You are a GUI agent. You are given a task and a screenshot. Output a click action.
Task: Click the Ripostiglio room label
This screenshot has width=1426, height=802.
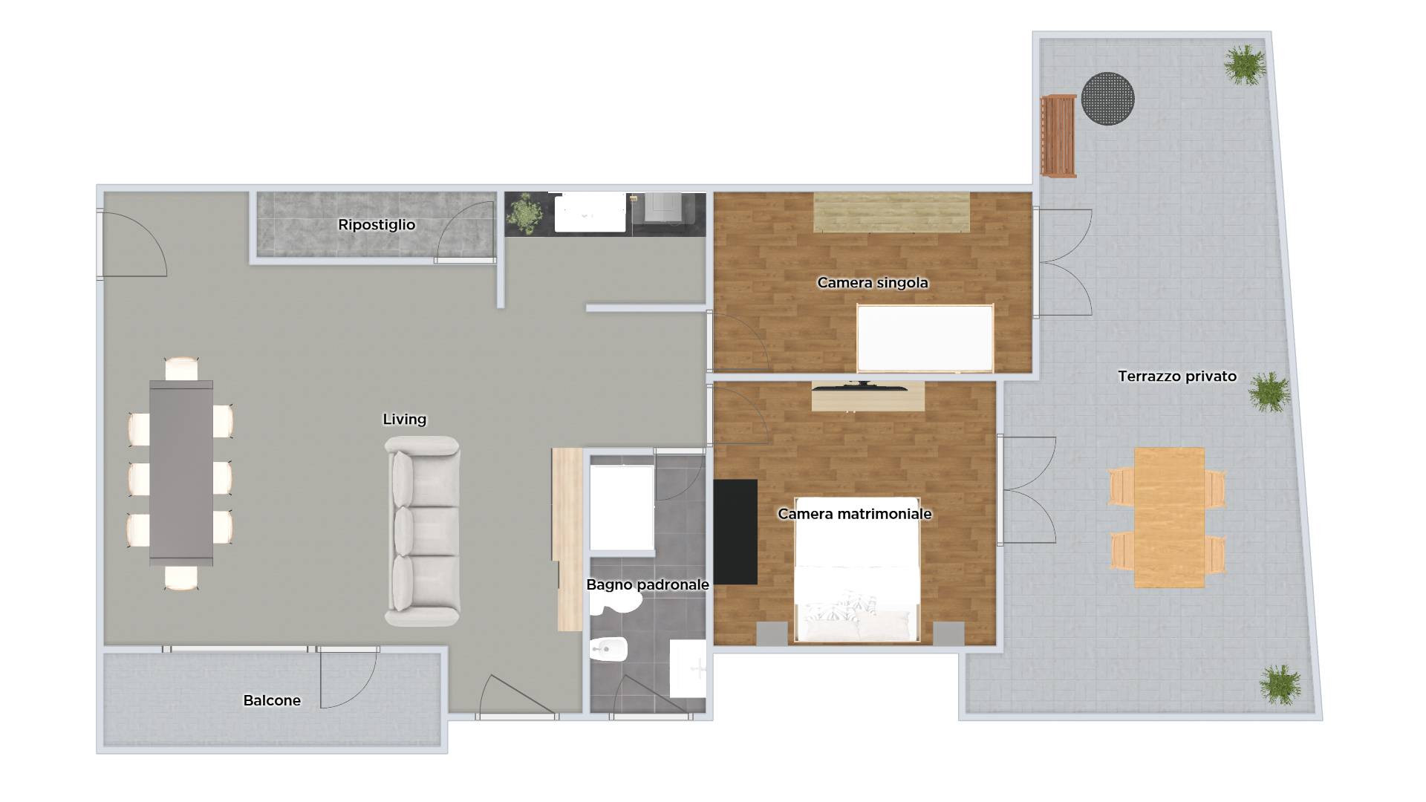tap(377, 224)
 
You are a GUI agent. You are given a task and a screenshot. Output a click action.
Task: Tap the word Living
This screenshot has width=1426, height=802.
tap(404, 420)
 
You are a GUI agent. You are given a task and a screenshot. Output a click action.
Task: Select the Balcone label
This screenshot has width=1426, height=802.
tap(272, 700)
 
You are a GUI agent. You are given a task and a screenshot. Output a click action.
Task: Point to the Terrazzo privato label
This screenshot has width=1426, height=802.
tap(1177, 376)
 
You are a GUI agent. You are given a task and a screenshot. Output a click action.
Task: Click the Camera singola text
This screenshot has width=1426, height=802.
tap(872, 283)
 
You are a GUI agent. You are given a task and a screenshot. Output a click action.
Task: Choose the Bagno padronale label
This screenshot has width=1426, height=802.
tap(647, 584)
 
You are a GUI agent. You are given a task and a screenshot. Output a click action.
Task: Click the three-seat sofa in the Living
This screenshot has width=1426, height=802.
tap(422, 530)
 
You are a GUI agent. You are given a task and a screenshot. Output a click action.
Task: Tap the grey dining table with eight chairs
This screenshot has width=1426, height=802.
tap(181, 473)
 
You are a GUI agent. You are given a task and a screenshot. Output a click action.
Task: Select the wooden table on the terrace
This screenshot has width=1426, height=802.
tap(1169, 517)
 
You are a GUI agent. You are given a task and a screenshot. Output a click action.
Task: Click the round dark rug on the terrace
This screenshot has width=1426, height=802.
tap(1107, 99)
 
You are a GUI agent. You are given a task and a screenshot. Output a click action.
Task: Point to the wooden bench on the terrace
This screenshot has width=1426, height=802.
tap(1058, 136)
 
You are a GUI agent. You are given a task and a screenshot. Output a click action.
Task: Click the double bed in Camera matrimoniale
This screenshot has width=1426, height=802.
tap(856, 569)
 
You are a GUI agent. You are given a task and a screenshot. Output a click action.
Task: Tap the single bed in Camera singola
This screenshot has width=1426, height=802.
tap(925, 338)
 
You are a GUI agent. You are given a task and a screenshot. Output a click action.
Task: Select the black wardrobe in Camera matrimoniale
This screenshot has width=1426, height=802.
tap(735, 531)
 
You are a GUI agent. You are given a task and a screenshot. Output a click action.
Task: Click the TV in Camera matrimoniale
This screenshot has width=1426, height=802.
tap(860, 385)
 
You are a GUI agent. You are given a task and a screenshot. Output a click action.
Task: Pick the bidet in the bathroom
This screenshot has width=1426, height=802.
tap(609, 650)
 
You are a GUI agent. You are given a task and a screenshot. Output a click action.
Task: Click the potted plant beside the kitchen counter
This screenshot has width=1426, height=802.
tap(525, 213)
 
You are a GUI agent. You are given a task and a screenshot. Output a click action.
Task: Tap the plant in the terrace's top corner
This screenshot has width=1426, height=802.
tap(1245, 64)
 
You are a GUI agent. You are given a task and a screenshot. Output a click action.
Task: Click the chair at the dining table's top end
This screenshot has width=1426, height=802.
tap(181, 368)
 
